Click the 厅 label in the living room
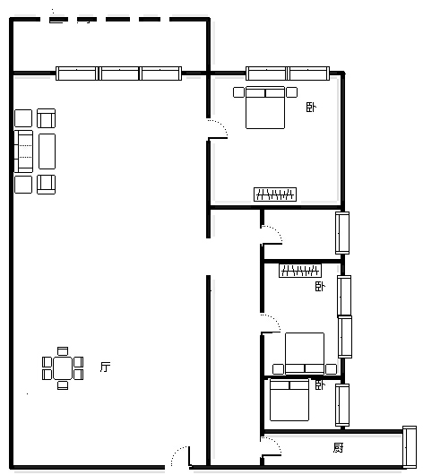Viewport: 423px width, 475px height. click(x=105, y=367)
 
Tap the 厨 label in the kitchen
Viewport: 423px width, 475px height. click(x=338, y=447)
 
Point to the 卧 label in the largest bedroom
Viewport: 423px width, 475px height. click(x=311, y=108)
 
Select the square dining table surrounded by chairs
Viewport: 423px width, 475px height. click(x=63, y=368)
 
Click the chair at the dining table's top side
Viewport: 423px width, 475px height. click(x=63, y=351)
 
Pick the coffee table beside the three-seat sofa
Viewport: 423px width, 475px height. click(x=47, y=151)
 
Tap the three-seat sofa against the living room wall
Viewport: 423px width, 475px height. click(x=23, y=151)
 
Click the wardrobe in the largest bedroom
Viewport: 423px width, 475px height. click(x=275, y=194)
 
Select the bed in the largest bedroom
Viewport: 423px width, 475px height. click(x=265, y=108)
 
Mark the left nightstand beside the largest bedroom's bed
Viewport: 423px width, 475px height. click(x=238, y=92)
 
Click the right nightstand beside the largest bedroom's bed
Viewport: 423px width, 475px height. click(x=292, y=92)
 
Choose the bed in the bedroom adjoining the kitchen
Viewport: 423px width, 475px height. click(x=289, y=400)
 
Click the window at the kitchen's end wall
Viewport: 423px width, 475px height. click(x=410, y=447)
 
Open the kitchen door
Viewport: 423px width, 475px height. click(x=272, y=446)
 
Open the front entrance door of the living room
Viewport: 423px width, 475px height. click(x=181, y=456)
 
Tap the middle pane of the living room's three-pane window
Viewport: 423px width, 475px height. click(x=120, y=73)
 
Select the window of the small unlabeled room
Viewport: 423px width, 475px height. click(x=342, y=233)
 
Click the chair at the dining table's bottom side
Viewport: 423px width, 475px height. click(x=63, y=385)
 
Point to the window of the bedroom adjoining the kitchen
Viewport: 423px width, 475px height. click(x=342, y=405)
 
